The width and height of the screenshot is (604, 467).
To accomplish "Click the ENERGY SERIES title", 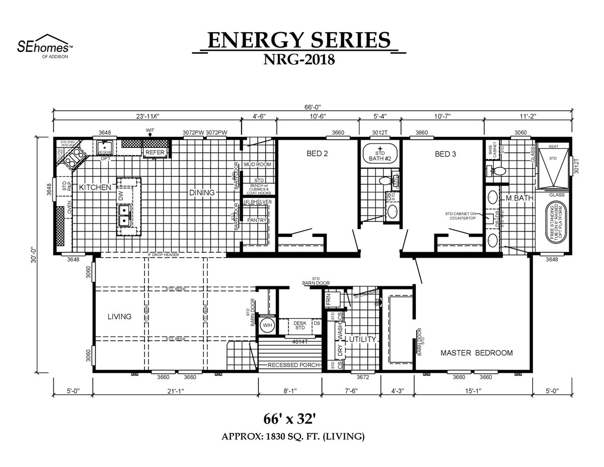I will tap(299, 40).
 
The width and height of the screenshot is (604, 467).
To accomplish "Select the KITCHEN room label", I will tap(95, 187).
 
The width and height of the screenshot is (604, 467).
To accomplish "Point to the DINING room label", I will tap(202, 192).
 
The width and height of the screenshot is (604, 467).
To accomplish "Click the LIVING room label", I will tap(119, 317).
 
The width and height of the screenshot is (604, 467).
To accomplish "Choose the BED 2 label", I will tap(317, 154).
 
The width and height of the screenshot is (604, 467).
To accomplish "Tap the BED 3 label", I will tap(445, 154).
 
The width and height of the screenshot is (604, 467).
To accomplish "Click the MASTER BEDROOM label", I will tap(477, 353).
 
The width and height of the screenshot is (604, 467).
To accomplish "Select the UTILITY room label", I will tap(363, 340).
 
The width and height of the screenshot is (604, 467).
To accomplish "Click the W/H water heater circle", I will tap(267, 326).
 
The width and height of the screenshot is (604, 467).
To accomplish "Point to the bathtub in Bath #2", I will tap(380, 155).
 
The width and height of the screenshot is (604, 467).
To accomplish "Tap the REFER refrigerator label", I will tap(155, 152).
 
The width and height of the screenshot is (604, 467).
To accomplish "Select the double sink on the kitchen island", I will tap(123, 214).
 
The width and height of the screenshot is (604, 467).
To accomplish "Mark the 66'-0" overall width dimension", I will tap(312, 107).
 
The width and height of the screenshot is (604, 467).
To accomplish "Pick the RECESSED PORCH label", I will tap(293, 365).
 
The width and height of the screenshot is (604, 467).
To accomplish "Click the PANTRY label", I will tap(256, 220).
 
